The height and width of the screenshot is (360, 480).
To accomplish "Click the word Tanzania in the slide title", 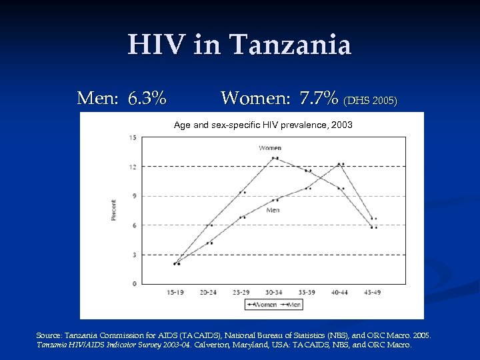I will coord(290,45).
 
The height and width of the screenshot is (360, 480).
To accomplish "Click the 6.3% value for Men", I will coord(147,99).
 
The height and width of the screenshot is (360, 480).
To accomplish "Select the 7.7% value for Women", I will coord(319,99).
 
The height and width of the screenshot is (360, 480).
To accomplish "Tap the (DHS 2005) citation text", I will coord(370,101).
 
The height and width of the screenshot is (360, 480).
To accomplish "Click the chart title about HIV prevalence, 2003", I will coord(263,125).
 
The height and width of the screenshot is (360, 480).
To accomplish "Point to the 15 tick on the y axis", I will coord(133,138).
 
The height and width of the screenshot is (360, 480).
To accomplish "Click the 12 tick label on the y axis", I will coord(133,167).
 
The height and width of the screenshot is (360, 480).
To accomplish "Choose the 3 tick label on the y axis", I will coord(135,255).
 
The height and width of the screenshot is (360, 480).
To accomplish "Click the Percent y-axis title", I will coord(113,211).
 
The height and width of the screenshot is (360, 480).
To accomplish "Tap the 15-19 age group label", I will coord(177,291).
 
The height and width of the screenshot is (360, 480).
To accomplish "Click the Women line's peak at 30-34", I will coord(275,158).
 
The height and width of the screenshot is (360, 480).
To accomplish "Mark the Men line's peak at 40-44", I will coord(341,163).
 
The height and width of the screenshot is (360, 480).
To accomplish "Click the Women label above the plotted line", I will coord(269,147).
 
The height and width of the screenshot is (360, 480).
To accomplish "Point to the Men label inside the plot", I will coord(273,210).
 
